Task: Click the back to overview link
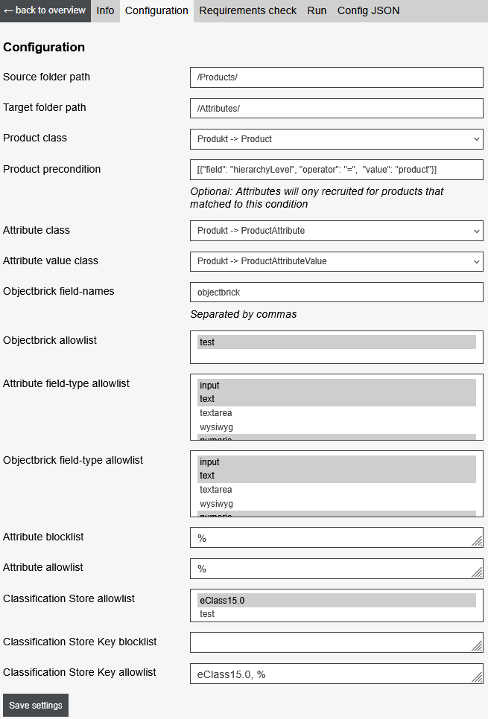pyautogui.click(x=45, y=10)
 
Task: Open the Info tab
pyautogui.click(x=105, y=10)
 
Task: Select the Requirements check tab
pyautogui.click(x=247, y=10)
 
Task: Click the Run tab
pyautogui.click(x=317, y=10)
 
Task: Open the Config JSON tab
pyautogui.click(x=368, y=10)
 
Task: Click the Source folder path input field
pyautogui.click(x=336, y=77)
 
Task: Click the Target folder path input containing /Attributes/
pyautogui.click(x=336, y=108)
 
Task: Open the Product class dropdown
pyautogui.click(x=336, y=138)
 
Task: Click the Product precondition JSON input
pyautogui.click(x=336, y=170)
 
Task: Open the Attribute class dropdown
pyautogui.click(x=336, y=231)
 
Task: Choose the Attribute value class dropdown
pyautogui.click(x=336, y=261)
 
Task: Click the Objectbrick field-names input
pyautogui.click(x=336, y=292)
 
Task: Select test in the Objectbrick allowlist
pyautogui.click(x=336, y=342)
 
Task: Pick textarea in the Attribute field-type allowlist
pyautogui.click(x=336, y=413)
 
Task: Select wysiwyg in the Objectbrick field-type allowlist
pyautogui.click(x=336, y=504)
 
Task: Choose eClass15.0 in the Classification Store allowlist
pyautogui.click(x=336, y=600)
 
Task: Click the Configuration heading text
pyautogui.click(x=44, y=47)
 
